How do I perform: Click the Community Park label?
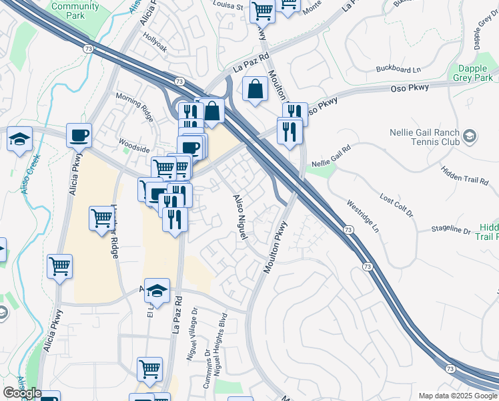(x=84, y=11)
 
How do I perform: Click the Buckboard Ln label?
(x=399, y=69)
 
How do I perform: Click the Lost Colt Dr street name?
(x=396, y=207)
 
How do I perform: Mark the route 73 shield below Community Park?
(x=87, y=48)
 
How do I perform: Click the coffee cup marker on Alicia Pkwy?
(x=79, y=136)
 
